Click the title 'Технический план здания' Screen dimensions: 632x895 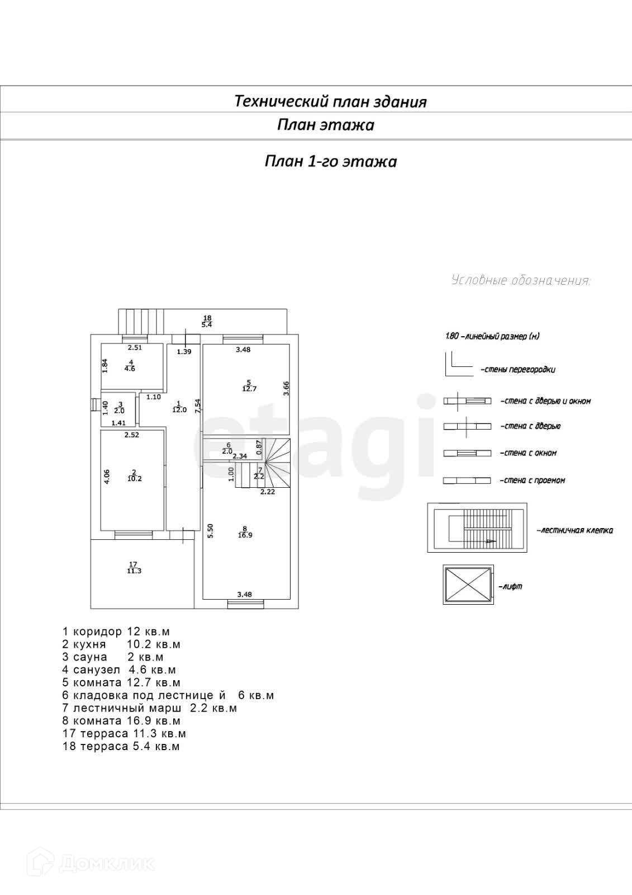[330, 101]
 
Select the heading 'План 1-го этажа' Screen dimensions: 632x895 [330, 162]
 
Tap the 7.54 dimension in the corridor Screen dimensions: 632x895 [197, 406]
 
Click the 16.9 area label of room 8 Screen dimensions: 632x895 [245, 535]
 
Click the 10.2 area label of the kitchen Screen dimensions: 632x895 [134, 479]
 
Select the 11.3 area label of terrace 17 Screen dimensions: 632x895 [134, 571]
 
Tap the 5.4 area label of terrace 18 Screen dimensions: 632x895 [207, 325]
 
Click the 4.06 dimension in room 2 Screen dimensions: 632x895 [107, 476]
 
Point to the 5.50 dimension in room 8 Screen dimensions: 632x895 [210, 531]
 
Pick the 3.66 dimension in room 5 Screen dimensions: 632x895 [286, 388]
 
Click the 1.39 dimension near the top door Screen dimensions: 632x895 [184, 352]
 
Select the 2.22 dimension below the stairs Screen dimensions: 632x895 [267, 492]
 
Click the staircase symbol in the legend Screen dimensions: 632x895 [477, 527]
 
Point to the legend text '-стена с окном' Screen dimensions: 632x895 [528, 453]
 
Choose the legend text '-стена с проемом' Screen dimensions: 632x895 [532, 481]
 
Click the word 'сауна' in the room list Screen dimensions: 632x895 [90, 657]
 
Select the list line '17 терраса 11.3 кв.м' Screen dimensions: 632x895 [124, 733]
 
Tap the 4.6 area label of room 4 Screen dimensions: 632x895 [130, 369]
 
